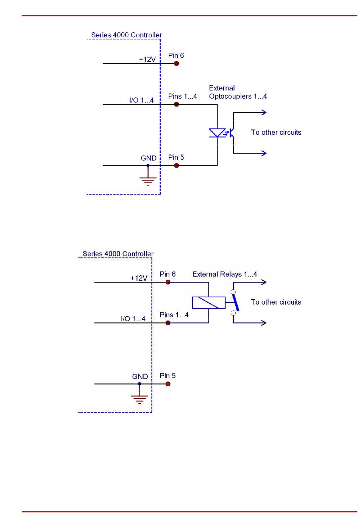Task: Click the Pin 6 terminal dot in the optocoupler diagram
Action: point(176,63)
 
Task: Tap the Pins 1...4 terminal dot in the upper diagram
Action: point(176,104)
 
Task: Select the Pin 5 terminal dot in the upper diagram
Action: point(176,166)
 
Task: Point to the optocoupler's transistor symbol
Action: point(232,133)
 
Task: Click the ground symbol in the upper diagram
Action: point(148,180)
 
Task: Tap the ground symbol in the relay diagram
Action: point(139,399)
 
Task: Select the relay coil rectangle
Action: point(209,302)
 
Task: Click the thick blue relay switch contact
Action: point(235,302)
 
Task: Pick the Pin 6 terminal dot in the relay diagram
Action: point(168,282)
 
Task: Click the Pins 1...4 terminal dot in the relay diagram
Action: point(168,323)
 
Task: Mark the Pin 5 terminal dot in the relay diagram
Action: point(168,384)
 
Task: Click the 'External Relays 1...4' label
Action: point(224,274)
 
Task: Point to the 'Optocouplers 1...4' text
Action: point(238,96)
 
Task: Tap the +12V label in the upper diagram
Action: point(147,60)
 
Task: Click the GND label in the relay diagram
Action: point(140,377)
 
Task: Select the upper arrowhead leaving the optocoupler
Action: point(264,112)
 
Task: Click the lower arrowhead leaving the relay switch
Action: point(264,323)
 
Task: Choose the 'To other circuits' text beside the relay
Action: point(276,302)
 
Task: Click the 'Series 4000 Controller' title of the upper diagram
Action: point(126,35)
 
